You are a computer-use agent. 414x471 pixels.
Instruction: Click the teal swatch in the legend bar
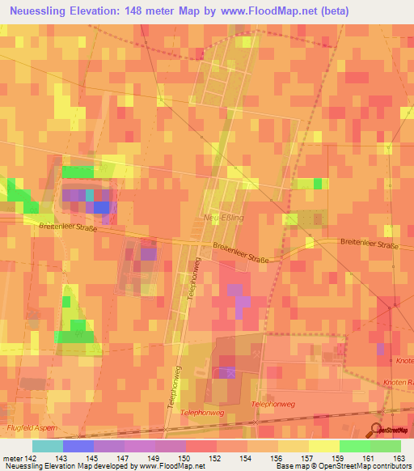coord(47,446)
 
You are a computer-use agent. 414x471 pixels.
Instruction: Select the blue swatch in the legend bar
coord(78,446)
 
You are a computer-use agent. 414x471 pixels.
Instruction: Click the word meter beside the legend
coord(12,460)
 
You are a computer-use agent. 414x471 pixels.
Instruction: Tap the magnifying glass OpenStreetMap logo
coord(377,430)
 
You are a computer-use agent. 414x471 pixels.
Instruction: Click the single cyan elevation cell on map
coord(89,195)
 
